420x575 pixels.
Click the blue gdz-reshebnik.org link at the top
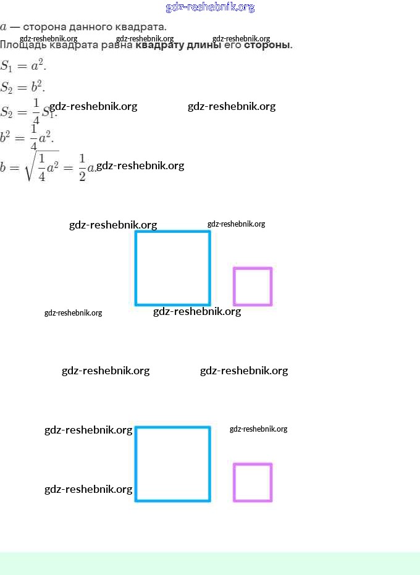pyautogui.click(x=210, y=7)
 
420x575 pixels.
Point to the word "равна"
pyautogui.click(x=115, y=45)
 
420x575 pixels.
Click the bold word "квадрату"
pyautogui.click(x=157, y=45)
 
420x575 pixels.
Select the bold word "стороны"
pyautogui.click(x=267, y=45)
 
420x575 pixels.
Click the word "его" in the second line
pyautogui.click(x=233, y=45)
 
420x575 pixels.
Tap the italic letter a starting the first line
pyautogui.click(x=4, y=28)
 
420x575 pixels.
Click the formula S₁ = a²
pyautogui.click(x=23, y=65)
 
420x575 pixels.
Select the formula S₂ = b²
pyautogui.click(x=23, y=86)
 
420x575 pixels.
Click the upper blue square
pyautogui.click(x=173, y=268)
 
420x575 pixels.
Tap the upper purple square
pyautogui.click(x=253, y=287)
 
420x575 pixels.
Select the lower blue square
pyautogui.click(x=173, y=464)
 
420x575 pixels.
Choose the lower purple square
pyautogui.click(x=253, y=482)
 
